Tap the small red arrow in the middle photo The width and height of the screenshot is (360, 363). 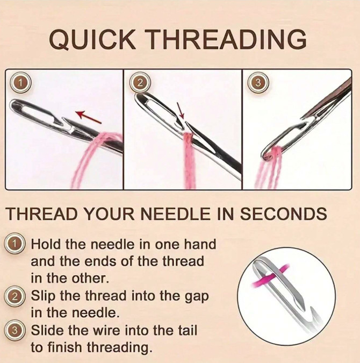coord(181,112)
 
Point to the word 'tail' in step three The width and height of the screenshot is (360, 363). coord(183,330)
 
